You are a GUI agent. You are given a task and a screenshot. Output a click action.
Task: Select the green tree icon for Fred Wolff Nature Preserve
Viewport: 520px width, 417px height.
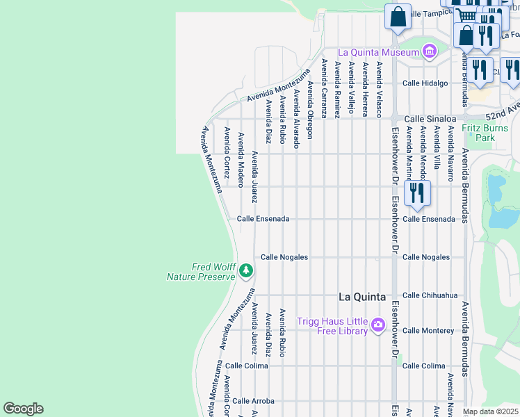[x=245, y=270]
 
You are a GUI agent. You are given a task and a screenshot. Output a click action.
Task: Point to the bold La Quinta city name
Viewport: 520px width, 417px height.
[x=361, y=297]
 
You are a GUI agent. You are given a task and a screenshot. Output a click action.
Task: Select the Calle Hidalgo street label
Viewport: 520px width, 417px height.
[x=425, y=83]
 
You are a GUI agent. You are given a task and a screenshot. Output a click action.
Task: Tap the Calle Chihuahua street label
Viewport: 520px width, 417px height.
[x=430, y=295]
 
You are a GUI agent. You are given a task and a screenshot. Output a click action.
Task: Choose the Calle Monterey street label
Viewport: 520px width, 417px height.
[x=428, y=331]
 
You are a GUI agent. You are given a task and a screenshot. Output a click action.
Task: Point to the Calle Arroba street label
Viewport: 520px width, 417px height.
[x=253, y=401]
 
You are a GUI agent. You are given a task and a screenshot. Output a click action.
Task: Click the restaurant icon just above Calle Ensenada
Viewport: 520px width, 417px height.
[x=417, y=193]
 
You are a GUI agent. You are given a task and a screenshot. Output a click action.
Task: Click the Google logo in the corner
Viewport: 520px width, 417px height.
[x=23, y=409]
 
